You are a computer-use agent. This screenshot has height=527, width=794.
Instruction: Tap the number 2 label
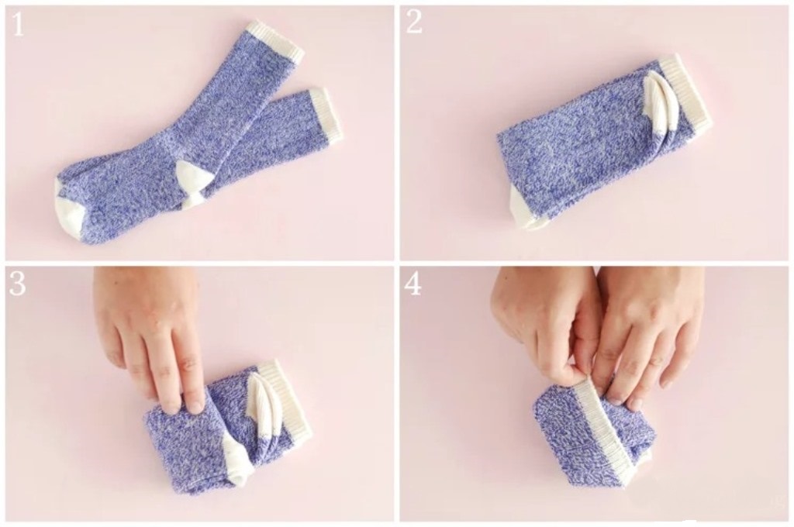(414, 22)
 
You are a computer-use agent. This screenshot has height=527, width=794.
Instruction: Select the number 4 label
(413, 284)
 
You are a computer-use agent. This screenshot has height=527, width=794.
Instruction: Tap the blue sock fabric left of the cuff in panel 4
(562, 440)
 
